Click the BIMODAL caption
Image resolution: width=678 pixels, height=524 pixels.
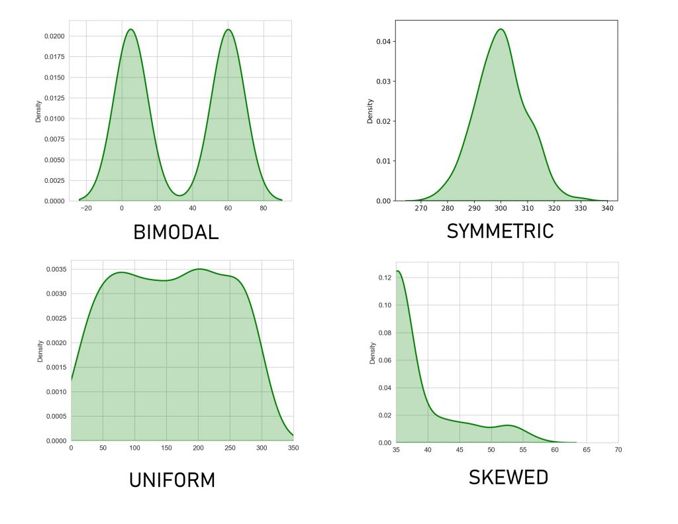tap(175, 233)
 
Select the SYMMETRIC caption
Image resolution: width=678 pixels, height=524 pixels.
tap(500, 231)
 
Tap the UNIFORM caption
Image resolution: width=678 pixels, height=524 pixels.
tap(172, 480)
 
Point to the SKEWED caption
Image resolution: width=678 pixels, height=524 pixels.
tap(508, 477)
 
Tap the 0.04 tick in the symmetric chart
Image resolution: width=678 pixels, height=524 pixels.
tap(384, 41)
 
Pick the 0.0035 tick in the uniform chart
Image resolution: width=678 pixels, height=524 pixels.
tap(55, 269)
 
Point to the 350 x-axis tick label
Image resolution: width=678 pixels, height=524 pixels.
tap(293, 448)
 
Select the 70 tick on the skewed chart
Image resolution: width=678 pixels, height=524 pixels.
tap(618, 450)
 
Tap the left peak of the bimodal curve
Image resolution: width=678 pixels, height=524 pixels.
tap(130, 29)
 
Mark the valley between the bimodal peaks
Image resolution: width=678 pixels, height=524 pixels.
tap(179, 195)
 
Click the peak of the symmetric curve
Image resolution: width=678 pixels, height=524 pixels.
tap(501, 29)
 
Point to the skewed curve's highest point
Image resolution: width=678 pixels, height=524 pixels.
tap(398, 270)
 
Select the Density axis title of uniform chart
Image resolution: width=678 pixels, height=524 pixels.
tap(40, 350)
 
